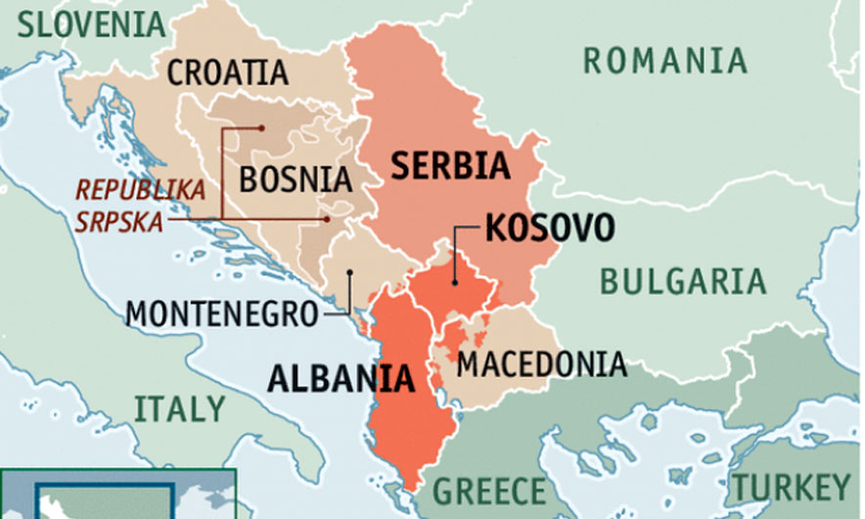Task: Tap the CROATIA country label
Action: click(228, 72)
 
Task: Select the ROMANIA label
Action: click(665, 61)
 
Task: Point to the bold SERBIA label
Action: click(450, 165)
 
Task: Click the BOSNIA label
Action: click(296, 179)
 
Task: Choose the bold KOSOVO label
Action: click(550, 228)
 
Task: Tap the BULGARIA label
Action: click(682, 281)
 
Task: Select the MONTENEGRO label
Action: click(223, 313)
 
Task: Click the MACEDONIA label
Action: click(541, 363)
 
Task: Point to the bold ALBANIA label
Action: click(339, 378)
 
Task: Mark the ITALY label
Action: click(179, 406)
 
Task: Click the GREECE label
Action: click(489, 489)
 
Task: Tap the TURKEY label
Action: click(793, 487)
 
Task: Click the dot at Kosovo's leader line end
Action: click(456, 282)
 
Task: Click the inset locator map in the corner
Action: click(117, 495)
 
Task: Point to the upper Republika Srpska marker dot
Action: click(262, 127)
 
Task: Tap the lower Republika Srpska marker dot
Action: click(330, 218)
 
